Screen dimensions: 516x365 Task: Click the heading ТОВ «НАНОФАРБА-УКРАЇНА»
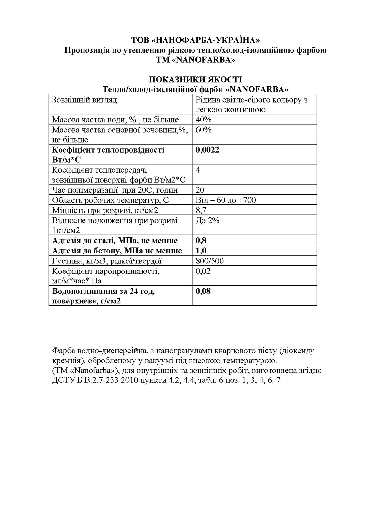[195, 40]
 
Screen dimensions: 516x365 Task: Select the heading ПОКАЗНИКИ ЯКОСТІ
[195, 79]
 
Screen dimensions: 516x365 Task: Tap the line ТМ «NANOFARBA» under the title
[195, 60]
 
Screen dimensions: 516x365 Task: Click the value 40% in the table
[203, 120]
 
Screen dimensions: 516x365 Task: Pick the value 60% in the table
[203, 130]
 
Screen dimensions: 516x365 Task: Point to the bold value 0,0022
[207, 150]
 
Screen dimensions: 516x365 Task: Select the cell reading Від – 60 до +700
[226, 200]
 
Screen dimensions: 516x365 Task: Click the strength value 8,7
[201, 211]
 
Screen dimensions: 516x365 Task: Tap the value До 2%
[207, 221]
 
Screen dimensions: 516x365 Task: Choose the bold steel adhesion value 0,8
[201, 241]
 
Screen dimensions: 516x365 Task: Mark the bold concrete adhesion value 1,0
[201, 251]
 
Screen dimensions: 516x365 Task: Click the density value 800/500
[210, 261]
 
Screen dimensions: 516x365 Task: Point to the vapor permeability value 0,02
[203, 271]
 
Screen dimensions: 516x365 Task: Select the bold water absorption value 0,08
[203, 291]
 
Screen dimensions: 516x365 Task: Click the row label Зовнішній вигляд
[84, 100]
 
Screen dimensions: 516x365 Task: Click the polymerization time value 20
[200, 190]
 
